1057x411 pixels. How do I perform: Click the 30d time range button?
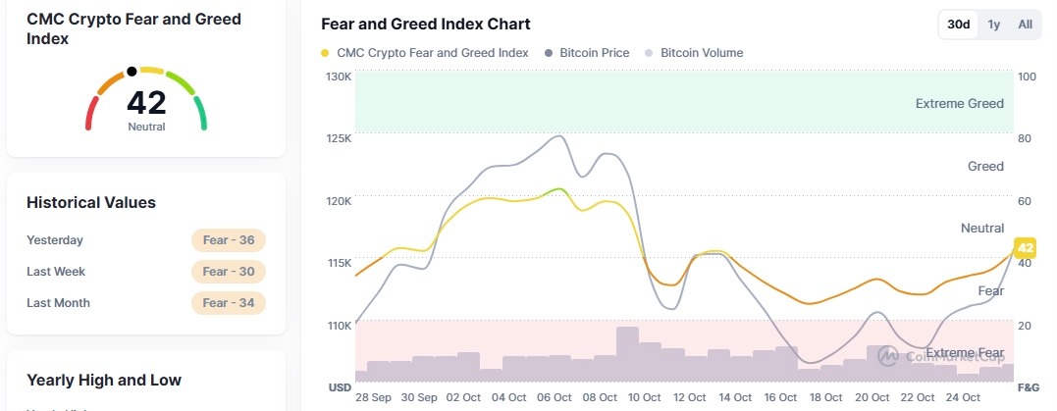(958, 25)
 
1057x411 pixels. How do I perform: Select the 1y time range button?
(994, 25)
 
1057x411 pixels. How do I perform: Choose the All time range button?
(1025, 25)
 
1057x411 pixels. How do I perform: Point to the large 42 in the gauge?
(146, 102)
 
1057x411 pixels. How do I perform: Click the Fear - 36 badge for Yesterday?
(229, 240)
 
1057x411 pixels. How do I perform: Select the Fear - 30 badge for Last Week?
(229, 272)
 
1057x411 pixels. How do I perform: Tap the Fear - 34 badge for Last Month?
(229, 303)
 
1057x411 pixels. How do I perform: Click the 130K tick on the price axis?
(339, 77)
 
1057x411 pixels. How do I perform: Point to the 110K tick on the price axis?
(339, 326)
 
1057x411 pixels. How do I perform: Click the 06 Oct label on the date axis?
(555, 397)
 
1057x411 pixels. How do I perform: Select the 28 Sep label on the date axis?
(374, 397)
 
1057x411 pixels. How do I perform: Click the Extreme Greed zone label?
(959, 104)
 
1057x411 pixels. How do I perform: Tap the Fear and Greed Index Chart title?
(426, 24)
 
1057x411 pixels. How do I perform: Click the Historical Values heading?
(91, 203)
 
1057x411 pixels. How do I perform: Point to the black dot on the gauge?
(132, 72)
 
